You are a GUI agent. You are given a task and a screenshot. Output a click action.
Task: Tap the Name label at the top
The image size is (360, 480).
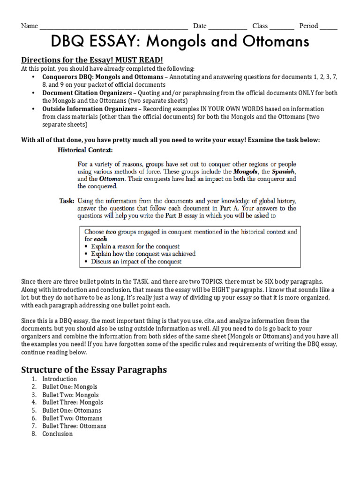30,26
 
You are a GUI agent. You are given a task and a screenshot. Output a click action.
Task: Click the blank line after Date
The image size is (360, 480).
227,27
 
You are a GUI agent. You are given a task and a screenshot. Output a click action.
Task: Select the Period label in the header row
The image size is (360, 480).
308,26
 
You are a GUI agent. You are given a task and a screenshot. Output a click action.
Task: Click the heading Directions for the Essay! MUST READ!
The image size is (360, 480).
92,60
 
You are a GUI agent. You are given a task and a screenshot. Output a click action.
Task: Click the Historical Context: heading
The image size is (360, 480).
85,150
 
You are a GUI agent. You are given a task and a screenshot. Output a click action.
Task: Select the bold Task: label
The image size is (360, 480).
67,201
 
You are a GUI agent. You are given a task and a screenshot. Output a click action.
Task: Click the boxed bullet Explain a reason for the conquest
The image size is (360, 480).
135,246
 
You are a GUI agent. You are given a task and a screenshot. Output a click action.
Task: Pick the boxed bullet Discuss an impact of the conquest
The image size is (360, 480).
136,262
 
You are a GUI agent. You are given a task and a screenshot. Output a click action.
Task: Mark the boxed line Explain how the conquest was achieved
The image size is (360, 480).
143,254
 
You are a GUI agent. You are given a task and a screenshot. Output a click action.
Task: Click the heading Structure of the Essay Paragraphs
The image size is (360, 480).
94,369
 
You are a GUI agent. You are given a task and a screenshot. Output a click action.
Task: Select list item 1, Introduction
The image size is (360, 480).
60,379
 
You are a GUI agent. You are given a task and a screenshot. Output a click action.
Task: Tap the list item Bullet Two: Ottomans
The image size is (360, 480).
72,418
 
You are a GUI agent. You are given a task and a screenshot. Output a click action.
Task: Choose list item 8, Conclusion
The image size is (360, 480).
58,434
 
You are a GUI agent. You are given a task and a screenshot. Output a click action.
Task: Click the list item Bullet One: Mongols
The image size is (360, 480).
70,387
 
